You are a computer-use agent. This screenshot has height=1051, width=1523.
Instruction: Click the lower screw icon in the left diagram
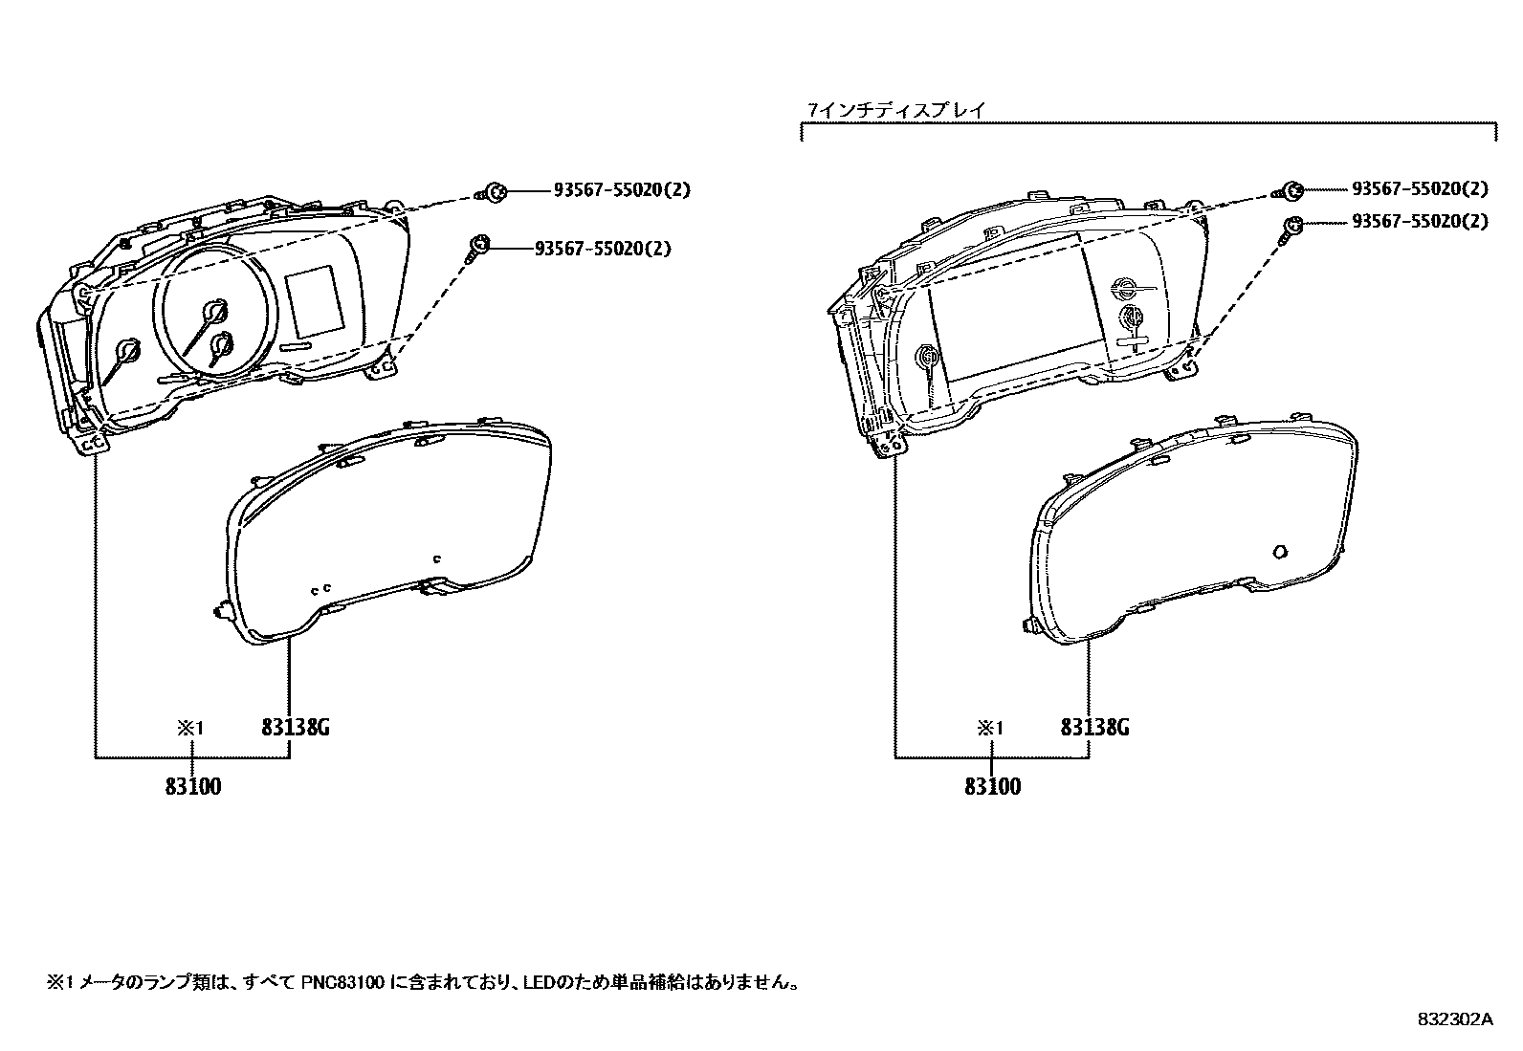pyautogui.click(x=477, y=249)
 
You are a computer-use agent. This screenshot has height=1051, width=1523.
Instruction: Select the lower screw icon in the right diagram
pyautogui.click(x=1291, y=226)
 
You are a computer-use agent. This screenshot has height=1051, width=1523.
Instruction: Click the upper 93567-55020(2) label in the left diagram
pyautogui.click(x=621, y=190)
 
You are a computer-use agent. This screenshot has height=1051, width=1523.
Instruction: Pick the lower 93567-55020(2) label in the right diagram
pyautogui.click(x=1420, y=222)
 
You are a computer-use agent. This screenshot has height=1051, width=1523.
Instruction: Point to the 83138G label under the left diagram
pyautogui.click(x=296, y=728)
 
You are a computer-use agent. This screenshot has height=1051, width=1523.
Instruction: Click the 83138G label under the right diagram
pyautogui.click(x=1094, y=728)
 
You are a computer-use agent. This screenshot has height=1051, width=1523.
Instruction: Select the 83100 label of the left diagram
pyautogui.click(x=193, y=787)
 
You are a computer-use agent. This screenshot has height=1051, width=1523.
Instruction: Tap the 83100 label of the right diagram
pyautogui.click(x=992, y=787)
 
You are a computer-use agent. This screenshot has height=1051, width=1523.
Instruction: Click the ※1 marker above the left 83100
pyautogui.click(x=190, y=729)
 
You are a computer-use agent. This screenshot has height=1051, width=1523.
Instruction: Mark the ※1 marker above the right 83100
pyautogui.click(x=989, y=729)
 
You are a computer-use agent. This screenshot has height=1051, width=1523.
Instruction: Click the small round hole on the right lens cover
pyautogui.click(x=1281, y=551)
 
